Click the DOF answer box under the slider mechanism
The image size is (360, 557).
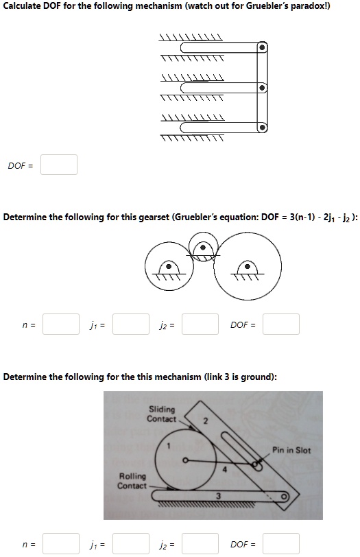[x=59, y=165]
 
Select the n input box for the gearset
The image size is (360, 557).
[x=61, y=324]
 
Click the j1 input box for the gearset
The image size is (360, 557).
[x=131, y=324]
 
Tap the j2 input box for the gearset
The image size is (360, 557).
[x=200, y=324]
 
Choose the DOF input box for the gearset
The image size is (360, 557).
[x=281, y=324]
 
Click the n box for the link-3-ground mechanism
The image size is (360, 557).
[x=61, y=543]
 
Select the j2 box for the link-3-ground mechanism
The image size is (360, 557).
[x=200, y=543]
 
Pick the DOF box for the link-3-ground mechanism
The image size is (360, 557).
[x=281, y=543]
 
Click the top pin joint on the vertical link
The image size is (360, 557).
[x=261, y=47]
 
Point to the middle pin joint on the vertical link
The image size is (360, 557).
[x=261, y=88]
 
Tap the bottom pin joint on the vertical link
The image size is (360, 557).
[x=261, y=128]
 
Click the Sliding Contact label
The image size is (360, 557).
[x=162, y=414]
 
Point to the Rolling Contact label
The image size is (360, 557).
[x=132, y=481]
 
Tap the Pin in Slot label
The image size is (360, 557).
[x=291, y=450]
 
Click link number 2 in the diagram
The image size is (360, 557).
[x=204, y=420]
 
